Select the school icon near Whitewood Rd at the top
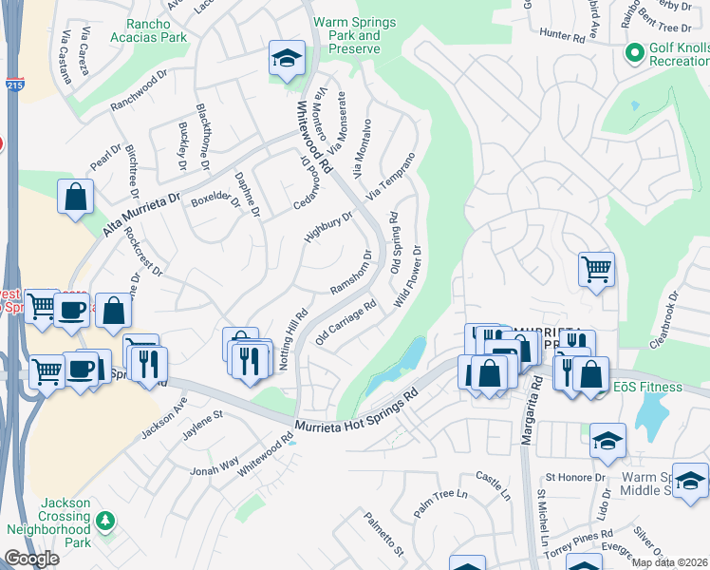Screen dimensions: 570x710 click(286, 59)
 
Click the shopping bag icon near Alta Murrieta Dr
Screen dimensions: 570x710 click(75, 198)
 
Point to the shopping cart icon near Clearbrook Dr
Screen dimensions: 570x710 click(596, 270)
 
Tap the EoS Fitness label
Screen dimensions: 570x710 click(647, 387)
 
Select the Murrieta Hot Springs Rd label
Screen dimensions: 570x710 click(356, 414)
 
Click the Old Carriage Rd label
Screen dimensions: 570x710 click(346, 323)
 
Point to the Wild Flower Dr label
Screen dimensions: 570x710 click(407, 276)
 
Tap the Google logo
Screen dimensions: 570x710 click(31, 559)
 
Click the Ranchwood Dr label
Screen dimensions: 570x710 click(139, 91)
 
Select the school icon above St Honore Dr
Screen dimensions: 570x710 click(607, 441)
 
